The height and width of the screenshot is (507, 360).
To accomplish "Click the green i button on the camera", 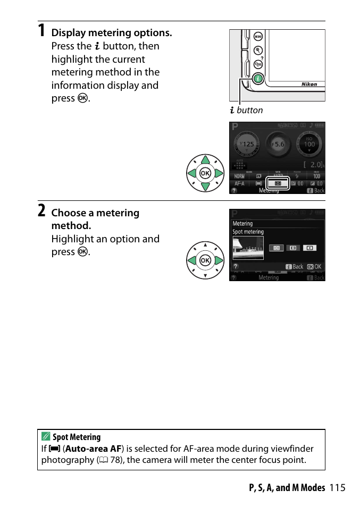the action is (257, 78).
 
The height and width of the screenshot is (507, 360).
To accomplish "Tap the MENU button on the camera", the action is (258, 37).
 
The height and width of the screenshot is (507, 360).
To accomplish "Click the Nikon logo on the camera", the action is (309, 84).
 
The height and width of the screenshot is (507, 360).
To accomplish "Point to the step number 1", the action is (41, 30).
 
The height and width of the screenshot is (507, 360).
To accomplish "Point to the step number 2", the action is (41, 210).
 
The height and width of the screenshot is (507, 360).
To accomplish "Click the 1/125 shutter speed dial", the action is (247, 144).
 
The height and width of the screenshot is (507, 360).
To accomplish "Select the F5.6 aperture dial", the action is (278, 144).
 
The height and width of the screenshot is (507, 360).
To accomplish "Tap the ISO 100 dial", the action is (309, 143).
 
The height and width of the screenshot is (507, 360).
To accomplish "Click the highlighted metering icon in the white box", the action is (277, 183).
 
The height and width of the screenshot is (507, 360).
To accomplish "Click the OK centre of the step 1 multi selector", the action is (205, 173).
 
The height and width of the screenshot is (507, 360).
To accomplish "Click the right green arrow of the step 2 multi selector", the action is (219, 260).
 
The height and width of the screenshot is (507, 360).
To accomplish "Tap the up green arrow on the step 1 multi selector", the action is (205, 160).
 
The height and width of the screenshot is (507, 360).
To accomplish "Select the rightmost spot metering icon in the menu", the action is (309, 248).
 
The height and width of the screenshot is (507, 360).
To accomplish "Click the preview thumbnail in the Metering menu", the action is (248, 248).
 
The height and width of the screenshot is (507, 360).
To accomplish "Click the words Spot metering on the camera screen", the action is (248, 232).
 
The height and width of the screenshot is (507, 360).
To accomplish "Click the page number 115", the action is (337, 487).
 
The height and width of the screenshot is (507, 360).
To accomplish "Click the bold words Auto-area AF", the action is (93, 449).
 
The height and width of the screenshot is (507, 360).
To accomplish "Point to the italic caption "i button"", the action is (247, 110).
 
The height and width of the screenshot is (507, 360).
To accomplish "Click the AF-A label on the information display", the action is (240, 183).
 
